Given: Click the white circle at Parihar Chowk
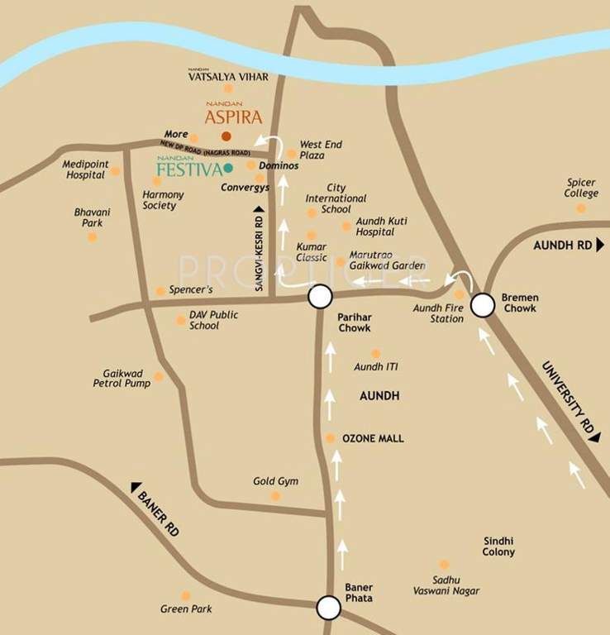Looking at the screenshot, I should click(x=320, y=297).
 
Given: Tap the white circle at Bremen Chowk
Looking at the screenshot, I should click(x=483, y=307).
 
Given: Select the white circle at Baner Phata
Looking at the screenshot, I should click(x=329, y=609).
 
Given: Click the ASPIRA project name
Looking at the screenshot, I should click(x=232, y=117).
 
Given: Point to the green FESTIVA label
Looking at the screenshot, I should click(x=189, y=169).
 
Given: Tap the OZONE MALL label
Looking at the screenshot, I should click(x=373, y=438).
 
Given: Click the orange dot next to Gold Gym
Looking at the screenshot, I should click(x=276, y=496).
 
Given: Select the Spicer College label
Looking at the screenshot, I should click(x=581, y=188).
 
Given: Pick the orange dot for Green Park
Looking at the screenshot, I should click(x=186, y=595).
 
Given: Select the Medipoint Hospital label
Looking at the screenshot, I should click(x=86, y=169).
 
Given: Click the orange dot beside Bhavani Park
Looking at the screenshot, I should click(x=93, y=236).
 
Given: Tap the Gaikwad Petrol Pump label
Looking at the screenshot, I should click(x=123, y=379).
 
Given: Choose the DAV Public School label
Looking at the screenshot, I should click(x=213, y=320).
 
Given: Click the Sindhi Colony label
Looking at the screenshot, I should click(x=499, y=546).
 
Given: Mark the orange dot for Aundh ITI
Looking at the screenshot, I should click(x=375, y=353).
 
